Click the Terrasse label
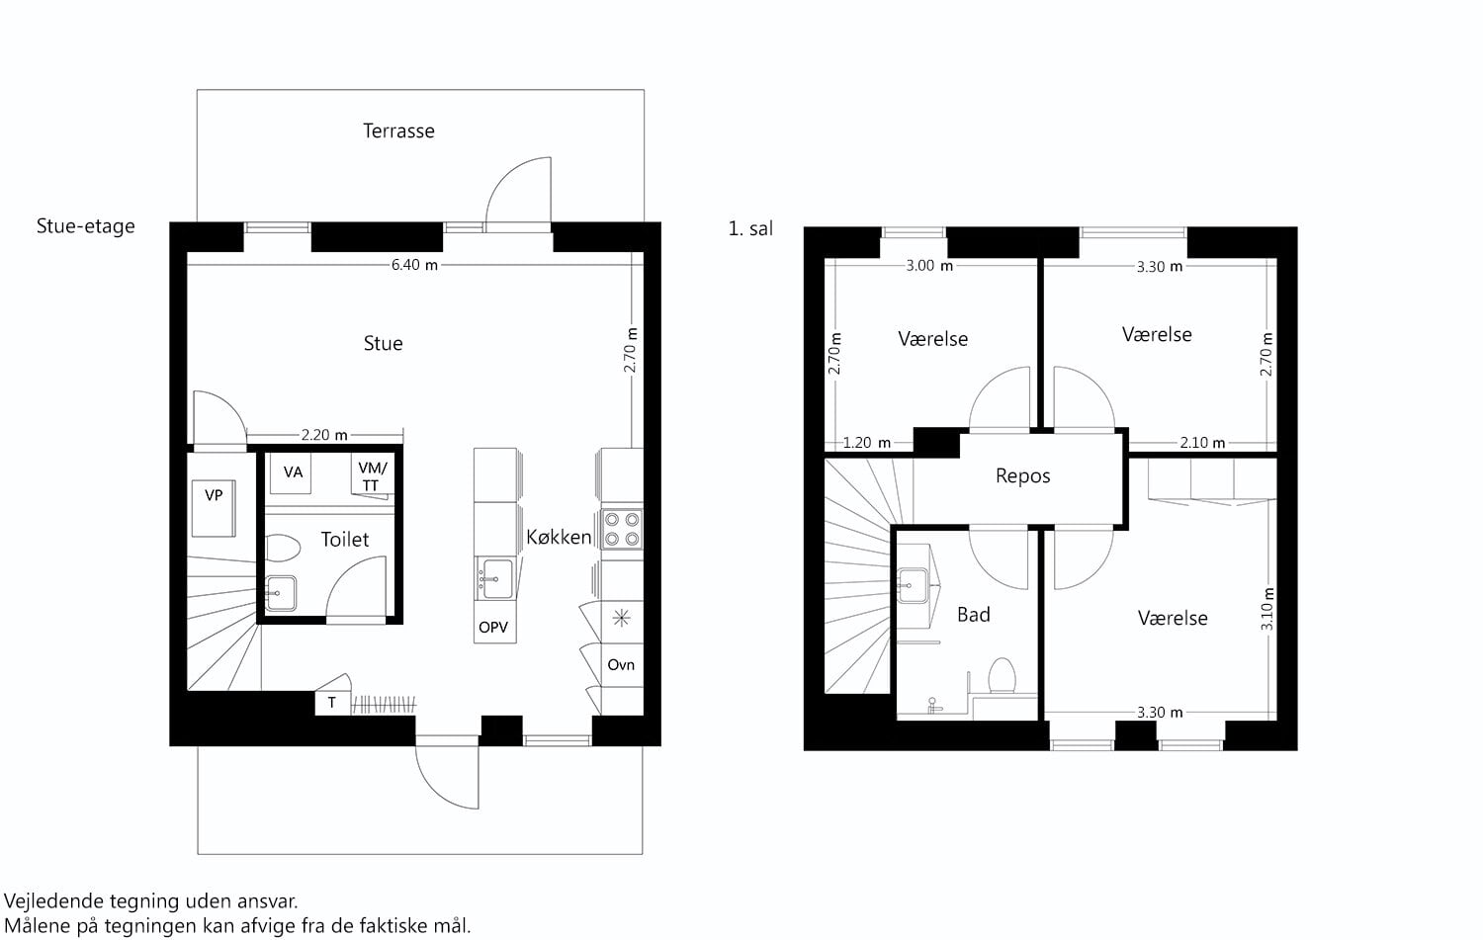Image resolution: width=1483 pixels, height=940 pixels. pos(398,131)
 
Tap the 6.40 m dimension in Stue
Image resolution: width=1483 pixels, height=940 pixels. pos(414,265)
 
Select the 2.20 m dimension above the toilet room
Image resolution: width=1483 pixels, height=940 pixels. pos(324,435)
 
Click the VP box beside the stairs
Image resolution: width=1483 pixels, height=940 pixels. pos(214,508)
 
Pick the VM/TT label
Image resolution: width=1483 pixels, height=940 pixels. pos(372,476)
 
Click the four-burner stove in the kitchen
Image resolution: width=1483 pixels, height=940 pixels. pos(622,529)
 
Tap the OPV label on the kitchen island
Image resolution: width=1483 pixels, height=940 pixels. pos(493,627)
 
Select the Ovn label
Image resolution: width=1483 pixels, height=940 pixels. pos(621,664)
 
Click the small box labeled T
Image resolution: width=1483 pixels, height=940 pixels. pos(331,703)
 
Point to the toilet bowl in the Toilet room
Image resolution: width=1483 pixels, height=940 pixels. pos(283,548)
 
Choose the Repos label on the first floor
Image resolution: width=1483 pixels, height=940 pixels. pos(1023,476)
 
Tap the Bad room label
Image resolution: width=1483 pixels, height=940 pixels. pos(974,614)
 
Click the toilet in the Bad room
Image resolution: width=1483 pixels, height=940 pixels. pos(1002,675)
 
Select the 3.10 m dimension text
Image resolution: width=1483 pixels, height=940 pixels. pos(1266,609)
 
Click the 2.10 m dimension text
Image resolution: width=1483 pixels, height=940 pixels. pos(1202,442)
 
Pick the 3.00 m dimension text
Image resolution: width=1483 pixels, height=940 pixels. pos(929,266)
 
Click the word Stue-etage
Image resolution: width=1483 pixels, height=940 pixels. pos(85,226)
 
